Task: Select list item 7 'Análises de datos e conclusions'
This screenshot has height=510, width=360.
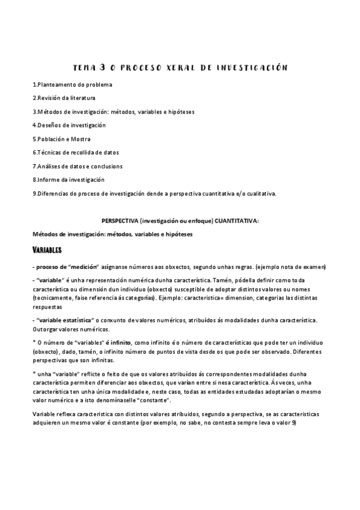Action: click(78, 166)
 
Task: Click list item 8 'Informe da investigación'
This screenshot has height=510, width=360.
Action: click(69, 179)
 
